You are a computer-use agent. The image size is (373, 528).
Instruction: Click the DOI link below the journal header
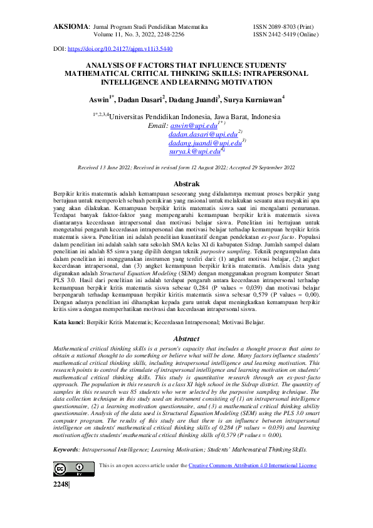(120, 48)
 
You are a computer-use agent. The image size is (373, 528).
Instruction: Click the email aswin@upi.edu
(194, 126)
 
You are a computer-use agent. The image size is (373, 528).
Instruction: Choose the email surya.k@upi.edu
(194, 152)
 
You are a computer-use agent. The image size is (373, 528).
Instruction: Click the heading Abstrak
(186, 186)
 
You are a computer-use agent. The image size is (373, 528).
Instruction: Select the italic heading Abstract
(186, 339)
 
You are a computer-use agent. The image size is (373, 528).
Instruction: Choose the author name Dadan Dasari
(142, 98)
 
